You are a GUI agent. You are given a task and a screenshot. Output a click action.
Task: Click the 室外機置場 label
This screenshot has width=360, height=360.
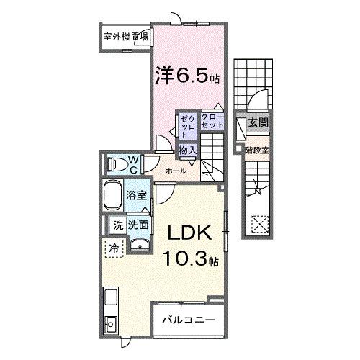point(125,36)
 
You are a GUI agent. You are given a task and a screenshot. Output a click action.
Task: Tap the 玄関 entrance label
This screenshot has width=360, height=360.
point(258,124)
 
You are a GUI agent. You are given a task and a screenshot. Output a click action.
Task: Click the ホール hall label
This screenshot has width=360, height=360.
point(176,171)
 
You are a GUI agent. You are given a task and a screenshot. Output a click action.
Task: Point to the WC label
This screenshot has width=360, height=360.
point(133,164)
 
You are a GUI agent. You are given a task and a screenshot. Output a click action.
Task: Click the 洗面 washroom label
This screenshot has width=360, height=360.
point(139,225)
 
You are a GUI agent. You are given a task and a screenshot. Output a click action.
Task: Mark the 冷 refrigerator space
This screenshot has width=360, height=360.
point(114,248)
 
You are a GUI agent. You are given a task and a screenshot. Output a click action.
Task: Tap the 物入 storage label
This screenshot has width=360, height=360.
point(188,149)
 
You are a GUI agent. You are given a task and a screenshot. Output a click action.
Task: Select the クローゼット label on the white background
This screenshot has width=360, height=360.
point(212,120)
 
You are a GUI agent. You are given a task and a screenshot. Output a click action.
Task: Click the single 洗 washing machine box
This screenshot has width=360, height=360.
point(117,225)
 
